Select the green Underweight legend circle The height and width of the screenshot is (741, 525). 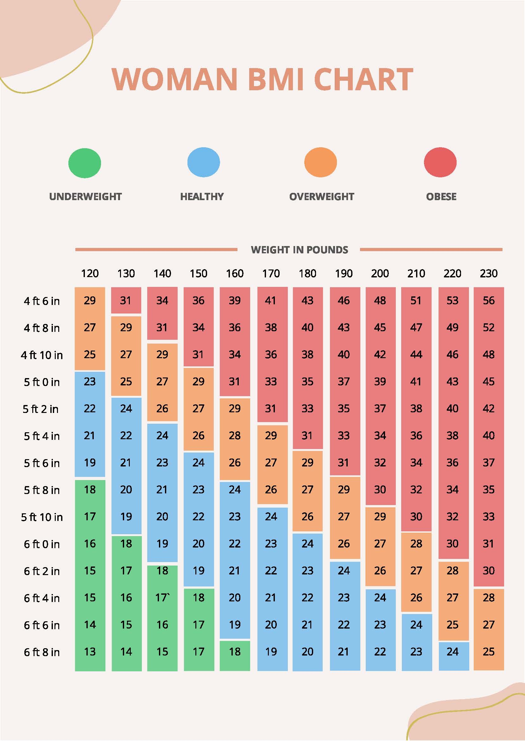tap(85, 163)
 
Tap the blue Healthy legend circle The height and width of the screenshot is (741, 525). tap(204, 162)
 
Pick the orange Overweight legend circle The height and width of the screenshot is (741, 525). tap(320, 162)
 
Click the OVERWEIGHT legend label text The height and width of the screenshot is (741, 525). tap(322, 197)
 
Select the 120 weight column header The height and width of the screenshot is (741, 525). tap(90, 274)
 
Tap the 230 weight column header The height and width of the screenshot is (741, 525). tap(489, 274)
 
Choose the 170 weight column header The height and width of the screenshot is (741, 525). tap(271, 274)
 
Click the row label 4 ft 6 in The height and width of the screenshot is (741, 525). tap(42, 301)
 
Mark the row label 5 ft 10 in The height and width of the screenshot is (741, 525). tap(42, 517)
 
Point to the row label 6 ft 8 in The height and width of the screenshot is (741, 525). tap(42, 652)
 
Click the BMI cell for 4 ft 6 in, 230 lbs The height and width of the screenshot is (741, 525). tap(489, 300)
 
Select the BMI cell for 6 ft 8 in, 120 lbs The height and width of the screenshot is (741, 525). tap(90, 651)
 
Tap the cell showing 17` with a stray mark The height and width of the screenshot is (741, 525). tap(162, 598)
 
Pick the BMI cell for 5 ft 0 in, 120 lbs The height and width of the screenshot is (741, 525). tap(90, 382)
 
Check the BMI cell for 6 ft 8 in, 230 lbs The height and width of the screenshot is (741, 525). tap(489, 651)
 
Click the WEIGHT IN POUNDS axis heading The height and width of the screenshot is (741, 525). tap(299, 250)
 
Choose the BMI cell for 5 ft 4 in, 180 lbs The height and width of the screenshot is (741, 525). tap(307, 435)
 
